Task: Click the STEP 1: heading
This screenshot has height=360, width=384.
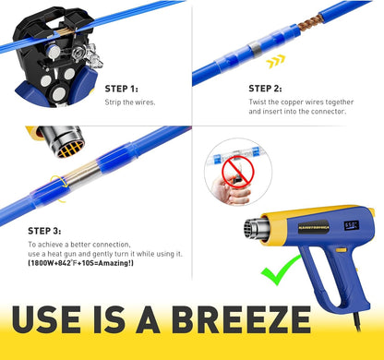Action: pyautogui.click(x=122, y=89)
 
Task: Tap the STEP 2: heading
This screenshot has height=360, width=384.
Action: pyautogui.click(x=265, y=89)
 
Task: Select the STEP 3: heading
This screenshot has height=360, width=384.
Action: pyautogui.click(x=44, y=231)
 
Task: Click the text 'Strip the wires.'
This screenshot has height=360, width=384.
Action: pyautogui.click(x=130, y=102)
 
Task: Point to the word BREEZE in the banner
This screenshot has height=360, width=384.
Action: pyautogui.click(x=241, y=319)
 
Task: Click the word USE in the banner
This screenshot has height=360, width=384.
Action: pyautogui.click(x=46, y=319)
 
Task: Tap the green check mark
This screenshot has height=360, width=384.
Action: pyautogui.click(x=280, y=270)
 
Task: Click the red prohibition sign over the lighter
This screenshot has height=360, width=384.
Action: pyautogui.click(x=238, y=172)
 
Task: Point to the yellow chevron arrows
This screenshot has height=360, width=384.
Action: pyautogui.click(x=276, y=62)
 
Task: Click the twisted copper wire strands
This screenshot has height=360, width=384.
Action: pyautogui.click(x=308, y=21)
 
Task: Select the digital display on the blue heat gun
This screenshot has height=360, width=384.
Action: pyautogui.click(x=352, y=225)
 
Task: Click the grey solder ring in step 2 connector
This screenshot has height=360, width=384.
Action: pyautogui.click(x=255, y=49)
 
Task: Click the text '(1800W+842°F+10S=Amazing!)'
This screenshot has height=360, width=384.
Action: pyautogui.click(x=80, y=263)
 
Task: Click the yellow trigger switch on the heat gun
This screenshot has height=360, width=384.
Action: pyautogui.click(x=341, y=250)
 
